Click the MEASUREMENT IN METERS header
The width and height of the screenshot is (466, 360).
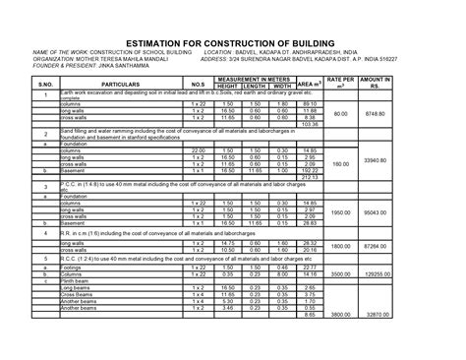258,79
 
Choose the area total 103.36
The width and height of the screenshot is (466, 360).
311,125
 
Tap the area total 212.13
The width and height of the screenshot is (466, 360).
311,177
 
